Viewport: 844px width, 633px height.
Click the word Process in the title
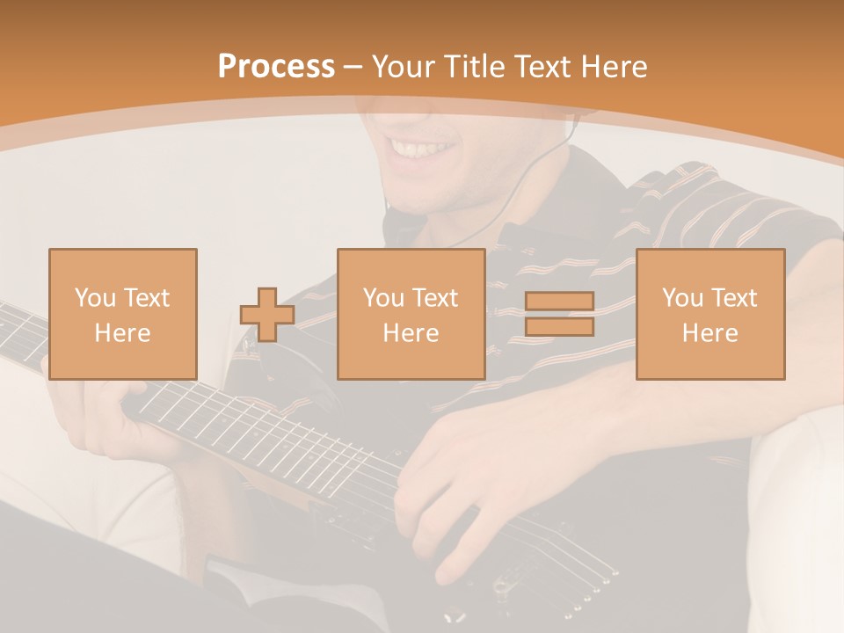pos(276,67)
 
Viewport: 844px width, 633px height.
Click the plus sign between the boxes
pos(267,314)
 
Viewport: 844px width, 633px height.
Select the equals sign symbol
pos(559,314)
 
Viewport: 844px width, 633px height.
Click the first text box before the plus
pos(122,314)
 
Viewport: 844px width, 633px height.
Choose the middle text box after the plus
pos(411,314)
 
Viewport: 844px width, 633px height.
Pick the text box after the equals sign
pos(709,314)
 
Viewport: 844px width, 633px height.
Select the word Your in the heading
pos(400,67)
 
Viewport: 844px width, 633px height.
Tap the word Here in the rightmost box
pos(709,333)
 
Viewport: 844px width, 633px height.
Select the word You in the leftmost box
pos(94,297)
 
